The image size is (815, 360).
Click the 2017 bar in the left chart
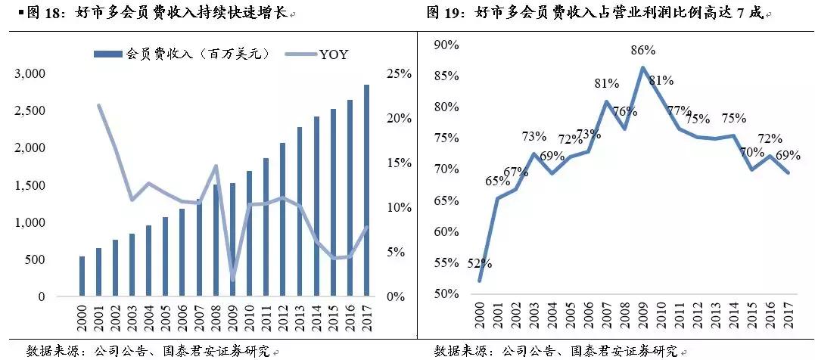[367, 189]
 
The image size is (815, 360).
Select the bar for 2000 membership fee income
[82, 276]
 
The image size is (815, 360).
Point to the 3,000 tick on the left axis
[30, 74]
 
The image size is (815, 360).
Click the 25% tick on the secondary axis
[399, 74]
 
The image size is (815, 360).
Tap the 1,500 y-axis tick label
[30, 185]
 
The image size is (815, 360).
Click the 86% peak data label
[642, 51]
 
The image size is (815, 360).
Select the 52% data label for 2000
[480, 264]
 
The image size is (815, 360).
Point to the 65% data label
[497, 182]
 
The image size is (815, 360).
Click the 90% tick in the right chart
[447, 45]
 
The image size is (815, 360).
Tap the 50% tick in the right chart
[447, 293]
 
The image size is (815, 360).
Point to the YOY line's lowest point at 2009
[232, 279]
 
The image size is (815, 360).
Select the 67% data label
[516, 172]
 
